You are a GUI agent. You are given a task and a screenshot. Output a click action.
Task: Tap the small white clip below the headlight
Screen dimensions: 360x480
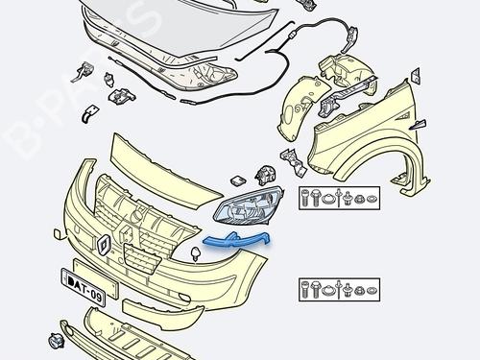(x=196, y=254)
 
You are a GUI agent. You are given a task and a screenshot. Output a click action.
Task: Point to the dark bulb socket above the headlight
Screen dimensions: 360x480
(x=264, y=177)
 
